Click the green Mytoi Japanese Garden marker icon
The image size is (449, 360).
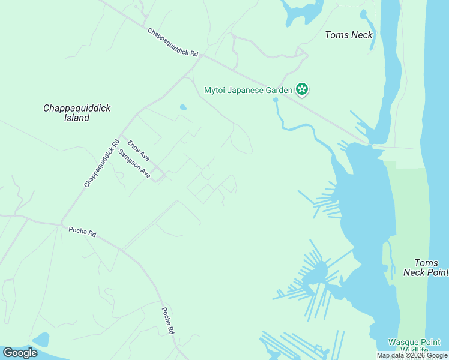coord(302,90)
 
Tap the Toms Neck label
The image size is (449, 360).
coord(349,35)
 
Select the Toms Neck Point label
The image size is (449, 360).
coord(426,268)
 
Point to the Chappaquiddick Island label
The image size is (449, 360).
coord(77,113)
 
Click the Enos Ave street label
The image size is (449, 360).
coord(139,150)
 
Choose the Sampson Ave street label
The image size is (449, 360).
coord(135,163)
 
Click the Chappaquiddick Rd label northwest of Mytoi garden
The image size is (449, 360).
coord(172,43)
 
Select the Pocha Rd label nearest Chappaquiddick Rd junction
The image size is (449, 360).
coord(82,231)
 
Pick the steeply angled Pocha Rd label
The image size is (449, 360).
coord(168,321)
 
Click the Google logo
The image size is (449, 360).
coord(20,353)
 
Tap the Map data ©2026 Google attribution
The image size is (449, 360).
coord(412,355)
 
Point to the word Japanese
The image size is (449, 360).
coord(248,91)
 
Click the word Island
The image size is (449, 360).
coord(77,118)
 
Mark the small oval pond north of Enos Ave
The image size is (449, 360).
coord(183,108)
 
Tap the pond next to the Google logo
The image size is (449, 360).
coord(41,340)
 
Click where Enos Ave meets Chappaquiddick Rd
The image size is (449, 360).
coord(121,136)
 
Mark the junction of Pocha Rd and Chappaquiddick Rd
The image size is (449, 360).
coord(61,224)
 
